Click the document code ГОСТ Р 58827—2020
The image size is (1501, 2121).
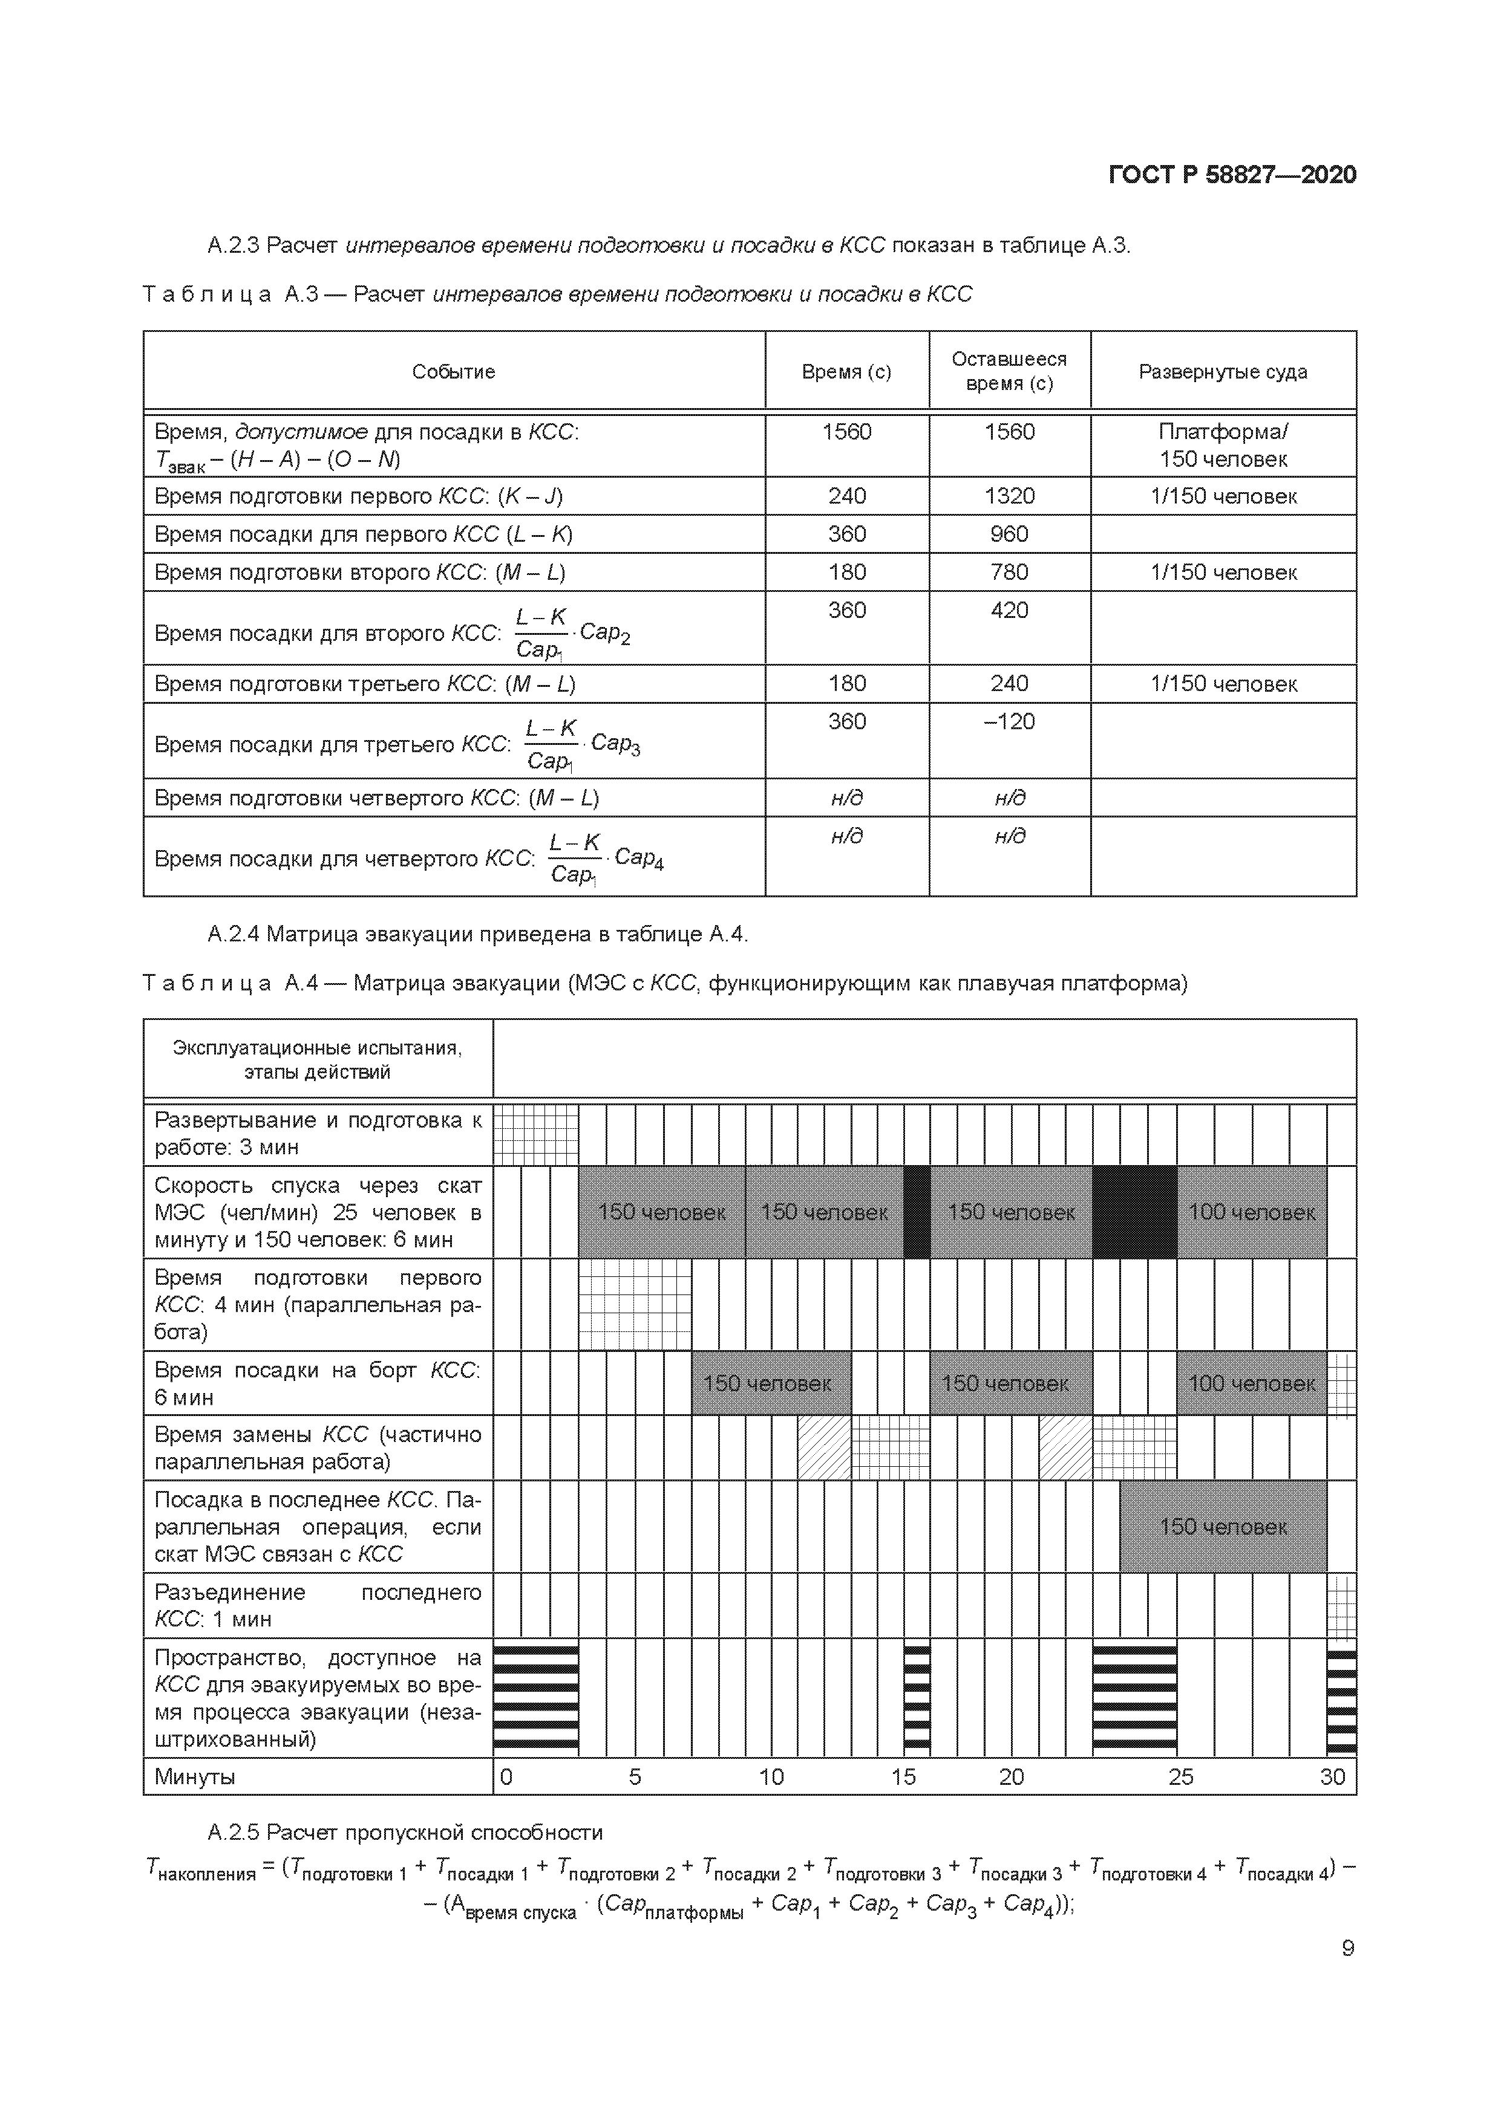pos(1232,175)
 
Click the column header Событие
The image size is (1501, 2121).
pos(453,371)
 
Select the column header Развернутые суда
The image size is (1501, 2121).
pos(1222,371)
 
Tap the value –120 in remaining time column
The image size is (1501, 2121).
pos(1009,721)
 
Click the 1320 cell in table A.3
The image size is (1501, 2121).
pos(1009,496)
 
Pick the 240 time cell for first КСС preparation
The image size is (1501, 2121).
pos(846,496)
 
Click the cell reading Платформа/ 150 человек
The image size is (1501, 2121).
pos(1222,445)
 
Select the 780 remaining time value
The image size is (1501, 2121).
pos(1009,572)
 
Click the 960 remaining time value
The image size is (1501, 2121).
pos(1009,534)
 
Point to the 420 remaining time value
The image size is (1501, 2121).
pos(1009,609)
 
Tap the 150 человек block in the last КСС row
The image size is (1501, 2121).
pos(1222,1527)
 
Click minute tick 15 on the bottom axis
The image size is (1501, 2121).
pos(903,1776)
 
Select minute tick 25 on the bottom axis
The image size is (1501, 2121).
pos(1180,1776)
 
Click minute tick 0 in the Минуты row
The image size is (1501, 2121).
pos(506,1776)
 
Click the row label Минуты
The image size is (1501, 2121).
pos(195,1776)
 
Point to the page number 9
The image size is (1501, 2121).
pos(1347,1948)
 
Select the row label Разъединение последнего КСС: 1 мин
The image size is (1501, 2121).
pos(317,1605)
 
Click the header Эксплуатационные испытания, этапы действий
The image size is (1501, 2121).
pos(317,1059)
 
